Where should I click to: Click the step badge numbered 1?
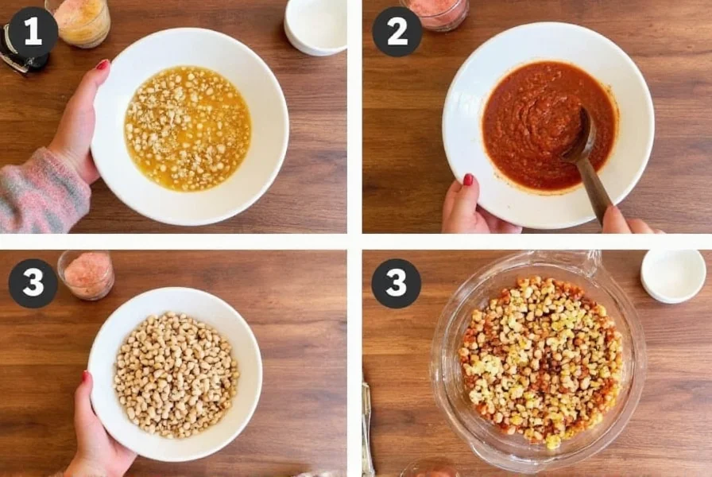pos(33,32)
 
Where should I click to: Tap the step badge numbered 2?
pos(397,32)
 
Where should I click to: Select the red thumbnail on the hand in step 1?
pos(102,64)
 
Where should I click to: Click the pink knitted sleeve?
pos(40,191)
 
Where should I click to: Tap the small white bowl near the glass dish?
pos(672,275)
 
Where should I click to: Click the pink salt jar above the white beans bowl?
pos(86,274)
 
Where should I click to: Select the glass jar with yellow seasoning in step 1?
pos(79,19)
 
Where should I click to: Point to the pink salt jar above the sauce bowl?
pos(435,13)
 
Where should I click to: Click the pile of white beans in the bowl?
pos(176,374)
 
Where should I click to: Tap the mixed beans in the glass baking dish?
pos(540,358)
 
